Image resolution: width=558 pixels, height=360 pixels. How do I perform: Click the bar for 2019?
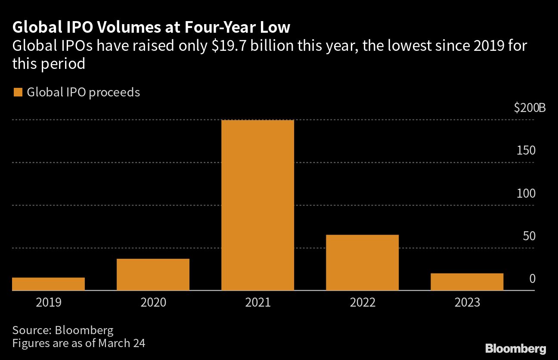click(48, 284)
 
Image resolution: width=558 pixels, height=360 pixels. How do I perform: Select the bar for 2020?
click(153, 275)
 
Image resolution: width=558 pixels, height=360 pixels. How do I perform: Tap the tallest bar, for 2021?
click(257, 205)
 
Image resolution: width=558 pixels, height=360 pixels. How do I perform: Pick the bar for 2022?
click(362, 263)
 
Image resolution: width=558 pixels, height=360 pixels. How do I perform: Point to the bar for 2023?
click(467, 282)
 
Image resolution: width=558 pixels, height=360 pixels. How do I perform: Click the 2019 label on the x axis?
click(49, 303)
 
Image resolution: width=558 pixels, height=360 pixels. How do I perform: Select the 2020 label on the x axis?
click(153, 303)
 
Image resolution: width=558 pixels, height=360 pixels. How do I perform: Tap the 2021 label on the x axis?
click(258, 303)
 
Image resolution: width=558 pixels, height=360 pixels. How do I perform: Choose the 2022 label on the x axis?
click(363, 303)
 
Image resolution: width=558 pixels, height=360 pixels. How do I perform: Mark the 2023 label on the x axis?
click(467, 303)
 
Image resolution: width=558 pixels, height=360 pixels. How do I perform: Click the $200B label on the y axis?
click(530, 108)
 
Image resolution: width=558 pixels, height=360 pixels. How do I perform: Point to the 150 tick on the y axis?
click(526, 151)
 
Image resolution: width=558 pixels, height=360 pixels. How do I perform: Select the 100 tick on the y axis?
click(526, 193)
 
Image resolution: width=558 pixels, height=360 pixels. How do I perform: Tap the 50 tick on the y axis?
click(529, 236)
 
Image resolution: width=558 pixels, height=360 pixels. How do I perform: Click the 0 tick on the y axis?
click(532, 279)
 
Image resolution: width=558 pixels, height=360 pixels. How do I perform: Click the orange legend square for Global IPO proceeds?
click(18, 93)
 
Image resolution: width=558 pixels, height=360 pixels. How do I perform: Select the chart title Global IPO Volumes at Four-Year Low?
click(151, 28)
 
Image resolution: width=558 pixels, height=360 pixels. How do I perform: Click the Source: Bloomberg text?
click(63, 330)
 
